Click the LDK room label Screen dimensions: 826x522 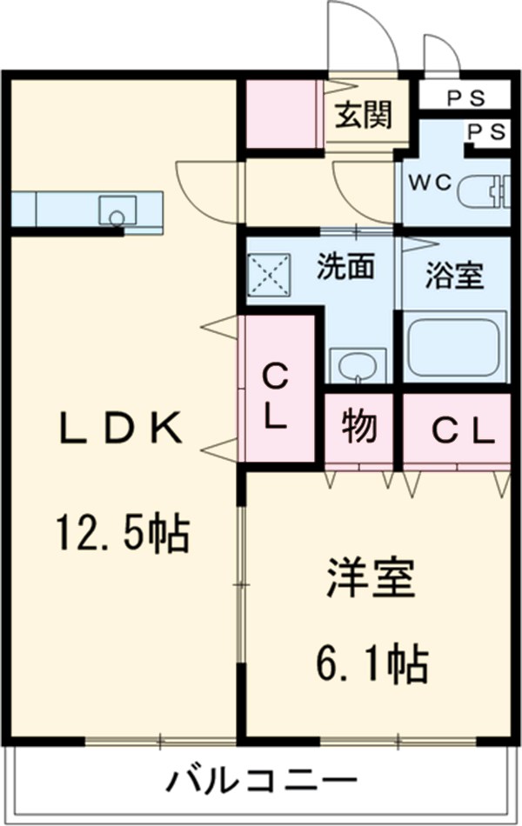[x=121, y=430]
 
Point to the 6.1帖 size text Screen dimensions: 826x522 [x=371, y=664]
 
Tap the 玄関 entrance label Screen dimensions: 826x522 [x=364, y=114]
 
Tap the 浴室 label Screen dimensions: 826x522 [x=454, y=276]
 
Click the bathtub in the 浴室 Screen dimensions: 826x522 [x=454, y=346]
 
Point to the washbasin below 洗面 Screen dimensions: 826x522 [x=356, y=365]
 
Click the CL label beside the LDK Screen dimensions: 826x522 [x=276, y=396]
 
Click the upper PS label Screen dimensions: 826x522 [x=465, y=97]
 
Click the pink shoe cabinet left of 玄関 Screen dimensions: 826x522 [x=280, y=114]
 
